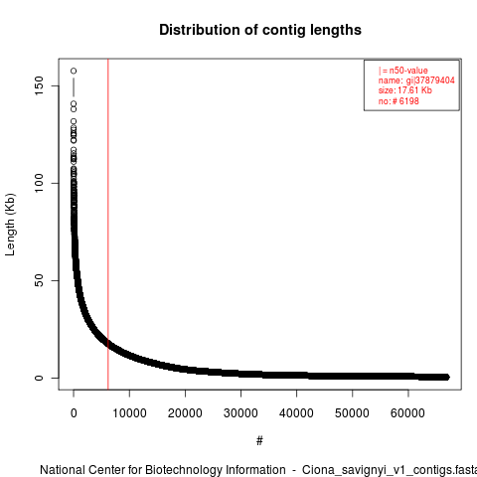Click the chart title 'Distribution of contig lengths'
[x=260, y=30]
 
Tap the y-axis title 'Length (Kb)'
[x=10, y=225]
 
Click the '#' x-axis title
[x=259, y=441]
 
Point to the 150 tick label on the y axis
[x=39, y=85]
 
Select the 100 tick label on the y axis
[x=39, y=183]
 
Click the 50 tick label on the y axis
[x=39, y=280]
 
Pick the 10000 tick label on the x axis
[x=129, y=413]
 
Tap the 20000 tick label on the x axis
[x=185, y=413]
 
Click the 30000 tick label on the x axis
[x=240, y=413]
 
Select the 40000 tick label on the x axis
[x=296, y=413]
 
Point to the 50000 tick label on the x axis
[x=352, y=413]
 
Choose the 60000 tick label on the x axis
[x=407, y=413]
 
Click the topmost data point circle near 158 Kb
[x=74, y=71]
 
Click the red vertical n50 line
[x=108, y=225]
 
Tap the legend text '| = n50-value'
[x=403, y=71]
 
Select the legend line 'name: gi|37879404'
[x=416, y=80]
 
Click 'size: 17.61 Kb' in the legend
[x=405, y=90]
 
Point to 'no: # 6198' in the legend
[x=398, y=100]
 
